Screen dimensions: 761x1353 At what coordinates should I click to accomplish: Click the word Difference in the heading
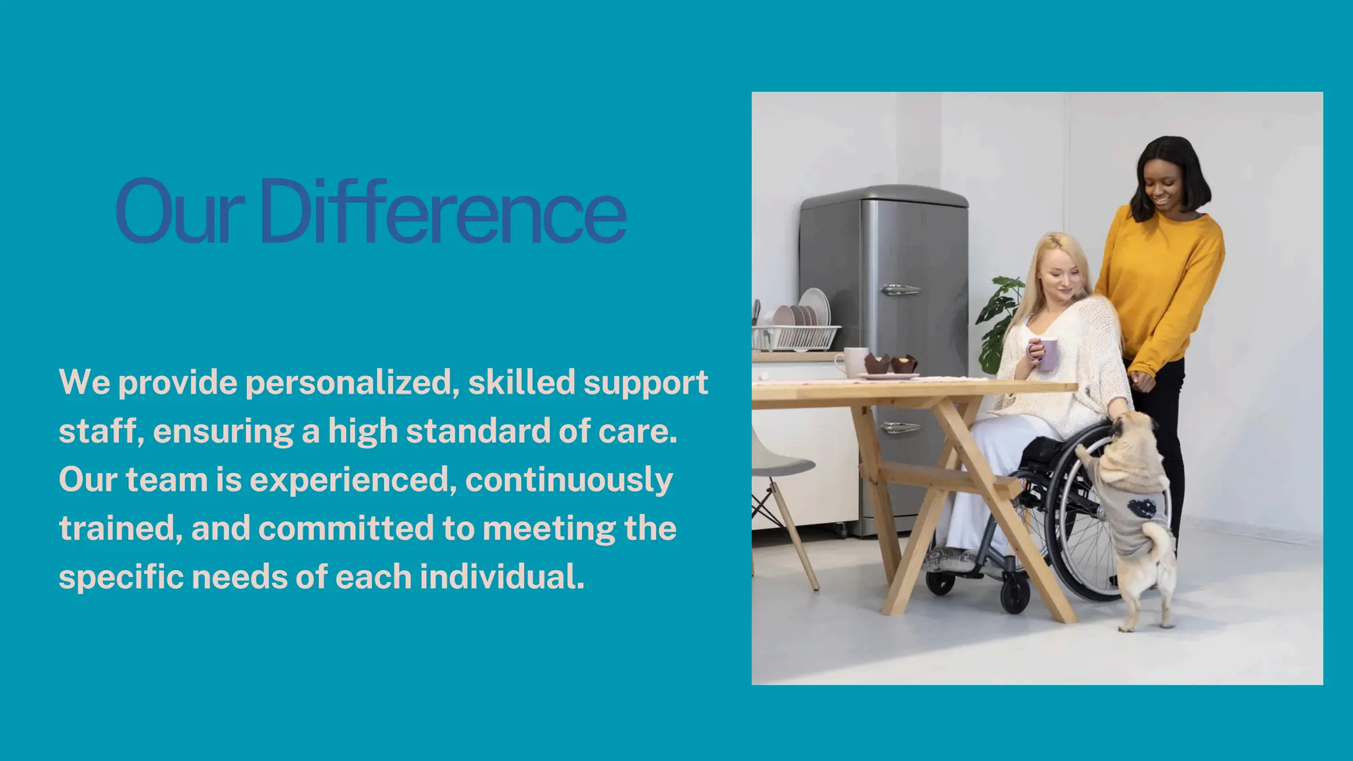coord(443,211)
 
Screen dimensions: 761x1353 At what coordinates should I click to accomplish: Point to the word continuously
coord(569,480)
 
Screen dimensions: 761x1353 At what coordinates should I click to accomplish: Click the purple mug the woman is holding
coord(1047,353)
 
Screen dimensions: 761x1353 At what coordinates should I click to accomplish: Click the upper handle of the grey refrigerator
coord(899,290)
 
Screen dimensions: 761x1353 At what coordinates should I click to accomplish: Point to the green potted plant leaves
coord(999,324)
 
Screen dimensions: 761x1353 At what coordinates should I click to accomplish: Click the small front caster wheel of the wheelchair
coord(1015,594)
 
